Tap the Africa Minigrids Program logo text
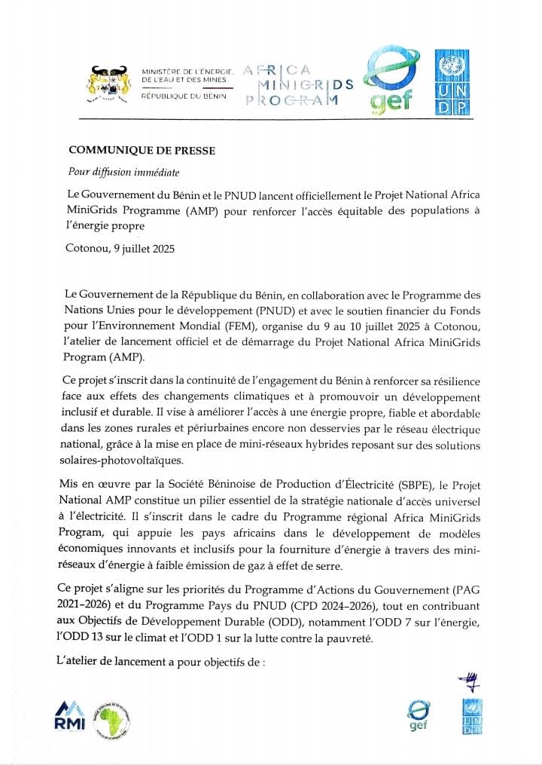(x=299, y=83)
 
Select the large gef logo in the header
(x=388, y=84)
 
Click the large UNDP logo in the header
(x=452, y=84)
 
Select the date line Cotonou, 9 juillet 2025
(x=120, y=249)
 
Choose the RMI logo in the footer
(x=70, y=717)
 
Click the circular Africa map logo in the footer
(x=112, y=719)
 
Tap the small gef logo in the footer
(x=418, y=716)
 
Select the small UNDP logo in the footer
(x=472, y=716)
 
